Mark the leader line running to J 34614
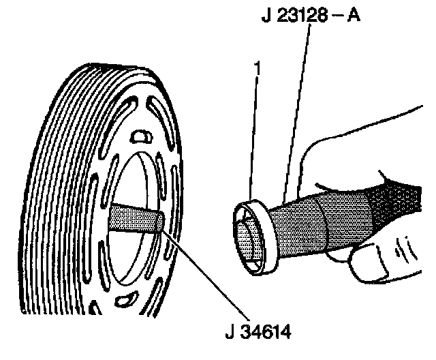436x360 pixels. [x=198, y=273]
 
